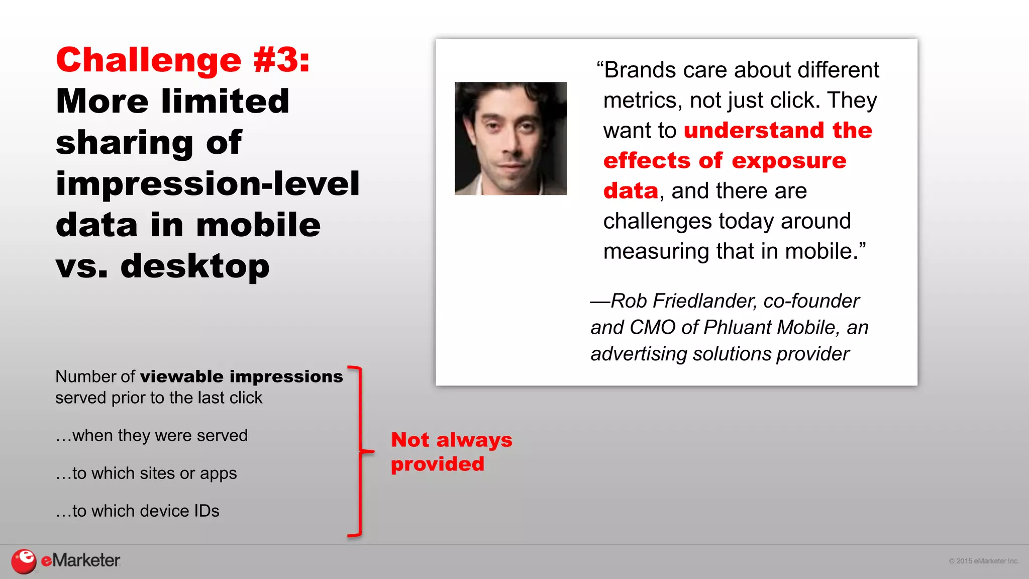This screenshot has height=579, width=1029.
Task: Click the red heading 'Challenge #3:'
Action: pos(183,60)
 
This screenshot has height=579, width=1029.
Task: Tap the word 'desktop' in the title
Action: pos(195,266)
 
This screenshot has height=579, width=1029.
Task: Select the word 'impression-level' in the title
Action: pos(208,183)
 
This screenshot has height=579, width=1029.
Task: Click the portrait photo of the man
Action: pos(510,138)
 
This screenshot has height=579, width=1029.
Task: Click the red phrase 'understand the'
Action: pos(778,130)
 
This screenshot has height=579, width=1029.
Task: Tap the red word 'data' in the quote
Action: pos(631,191)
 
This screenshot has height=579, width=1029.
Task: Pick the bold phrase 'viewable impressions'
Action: pos(241,376)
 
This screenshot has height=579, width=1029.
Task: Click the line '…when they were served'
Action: pos(152,435)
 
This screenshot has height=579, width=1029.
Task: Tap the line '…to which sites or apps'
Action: pos(146,473)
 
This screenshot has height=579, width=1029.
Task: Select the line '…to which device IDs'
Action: pos(138,511)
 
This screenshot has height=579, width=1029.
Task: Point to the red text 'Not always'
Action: pos(451,440)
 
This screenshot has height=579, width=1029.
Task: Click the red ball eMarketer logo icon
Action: pos(24,561)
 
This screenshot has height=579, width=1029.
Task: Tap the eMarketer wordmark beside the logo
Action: pos(80,560)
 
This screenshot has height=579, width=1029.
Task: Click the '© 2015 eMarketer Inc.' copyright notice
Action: pos(983,561)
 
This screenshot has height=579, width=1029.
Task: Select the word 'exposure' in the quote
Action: pos(789,161)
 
